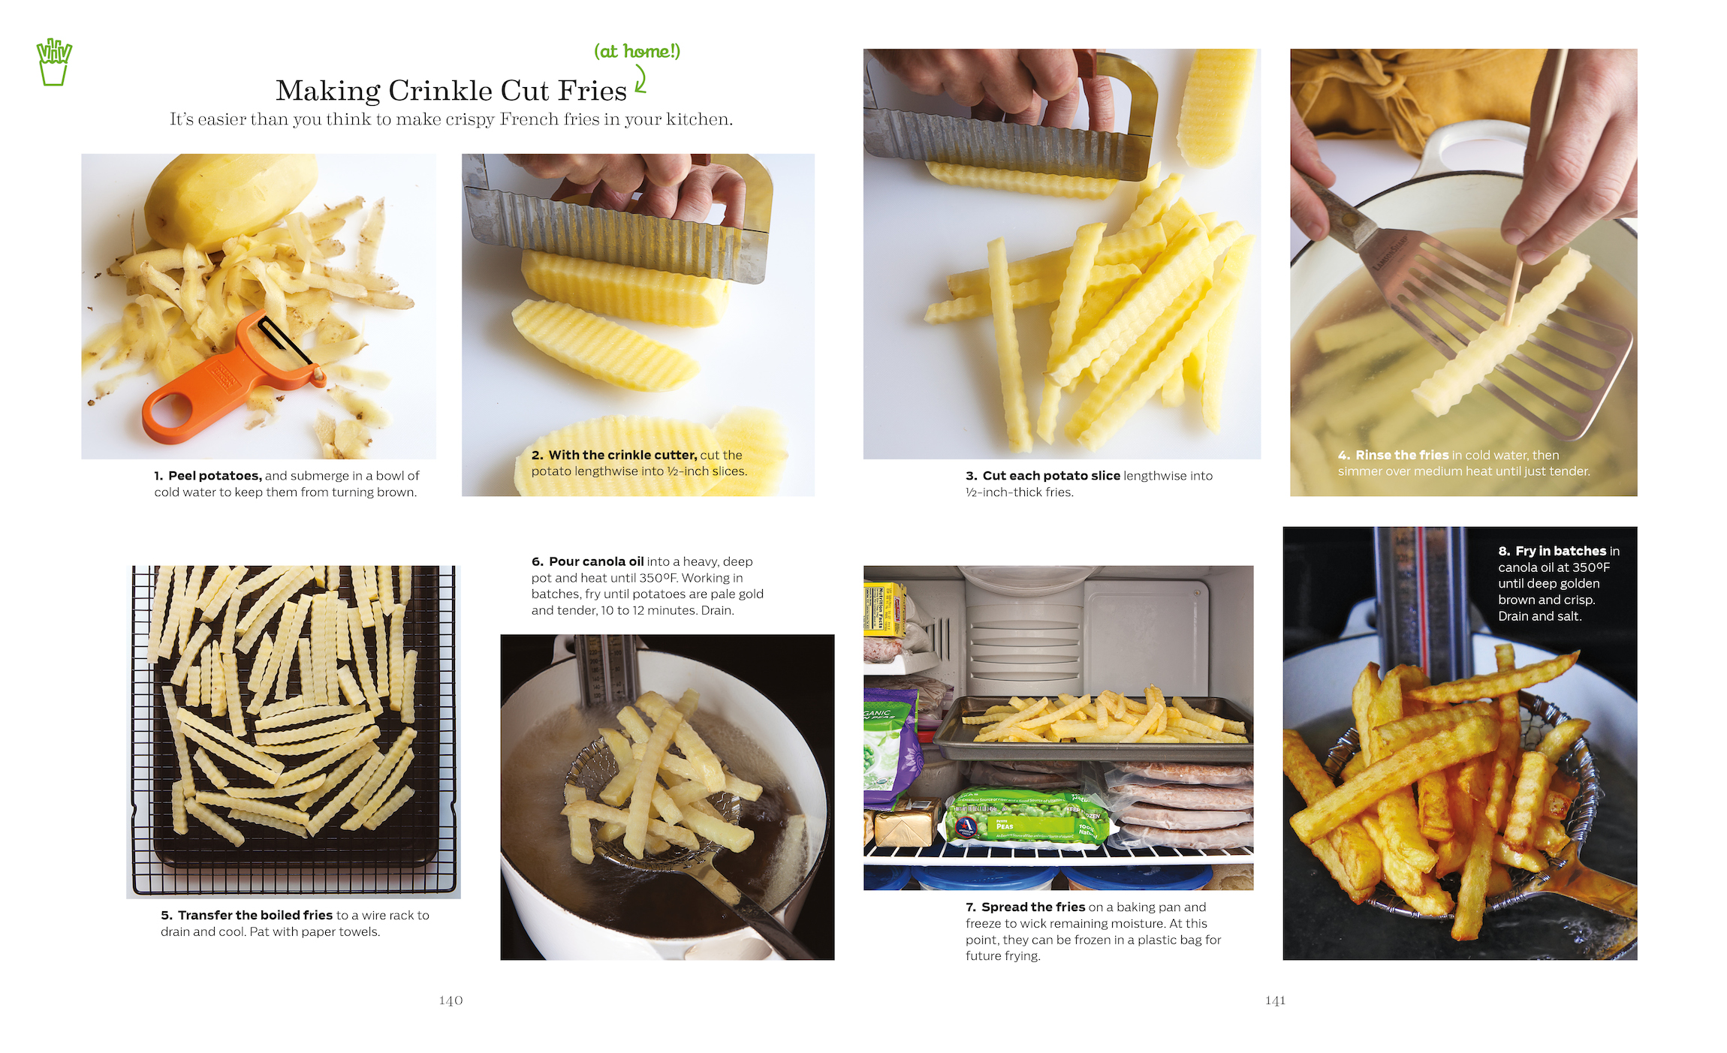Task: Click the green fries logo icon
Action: pyautogui.click(x=54, y=62)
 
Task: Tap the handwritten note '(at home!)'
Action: pyautogui.click(x=637, y=51)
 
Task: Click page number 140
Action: pyautogui.click(x=451, y=1000)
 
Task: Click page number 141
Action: pyautogui.click(x=1275, y=1000)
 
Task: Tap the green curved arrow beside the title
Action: pyautogui.click(x=640, y=79)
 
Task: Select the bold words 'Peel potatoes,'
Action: pyautogui.click(x=215, y=476)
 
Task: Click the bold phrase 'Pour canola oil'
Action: pyautogui.click(x=596, y=561)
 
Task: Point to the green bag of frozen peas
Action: pyautogui.click(x=1027, y=818)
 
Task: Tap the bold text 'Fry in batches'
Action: pyautogui.click(x=1561, y=551)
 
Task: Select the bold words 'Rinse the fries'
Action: pyautogui.click(x=1402, y=455)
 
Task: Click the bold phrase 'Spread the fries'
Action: pyautogui.click(x=1033, y=907)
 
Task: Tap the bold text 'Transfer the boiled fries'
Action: pyautogui.click(x=255, y=915)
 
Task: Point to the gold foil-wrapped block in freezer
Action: pyautogui.click(x=906, y=823)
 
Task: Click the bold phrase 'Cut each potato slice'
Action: pyautogui.click(x=1051, y=476)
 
